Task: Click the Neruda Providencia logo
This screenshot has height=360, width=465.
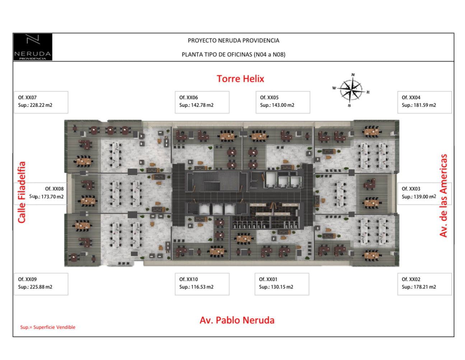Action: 33,47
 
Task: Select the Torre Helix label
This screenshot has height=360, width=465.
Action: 240,79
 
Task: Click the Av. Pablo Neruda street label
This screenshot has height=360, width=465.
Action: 237,320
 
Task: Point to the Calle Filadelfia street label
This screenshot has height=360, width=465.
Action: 22,192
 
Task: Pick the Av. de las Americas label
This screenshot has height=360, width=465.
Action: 443,196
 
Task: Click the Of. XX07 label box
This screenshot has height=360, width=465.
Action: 41,102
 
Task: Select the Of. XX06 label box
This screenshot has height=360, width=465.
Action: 202,102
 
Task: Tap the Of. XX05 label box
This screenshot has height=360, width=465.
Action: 283,102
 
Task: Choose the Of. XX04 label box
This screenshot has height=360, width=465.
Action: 424,102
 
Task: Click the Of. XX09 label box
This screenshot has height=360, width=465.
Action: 41,284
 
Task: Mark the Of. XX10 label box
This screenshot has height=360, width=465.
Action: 202,284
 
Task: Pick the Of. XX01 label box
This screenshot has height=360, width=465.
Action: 282,284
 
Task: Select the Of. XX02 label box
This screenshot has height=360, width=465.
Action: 424,284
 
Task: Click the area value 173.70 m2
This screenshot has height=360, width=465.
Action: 52,197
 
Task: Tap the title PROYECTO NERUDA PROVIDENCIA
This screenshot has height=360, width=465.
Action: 233,41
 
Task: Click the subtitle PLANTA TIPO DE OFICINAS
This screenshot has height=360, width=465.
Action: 233,55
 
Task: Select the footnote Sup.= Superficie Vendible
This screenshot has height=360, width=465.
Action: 48,327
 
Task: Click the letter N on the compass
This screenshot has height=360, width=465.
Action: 353,75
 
